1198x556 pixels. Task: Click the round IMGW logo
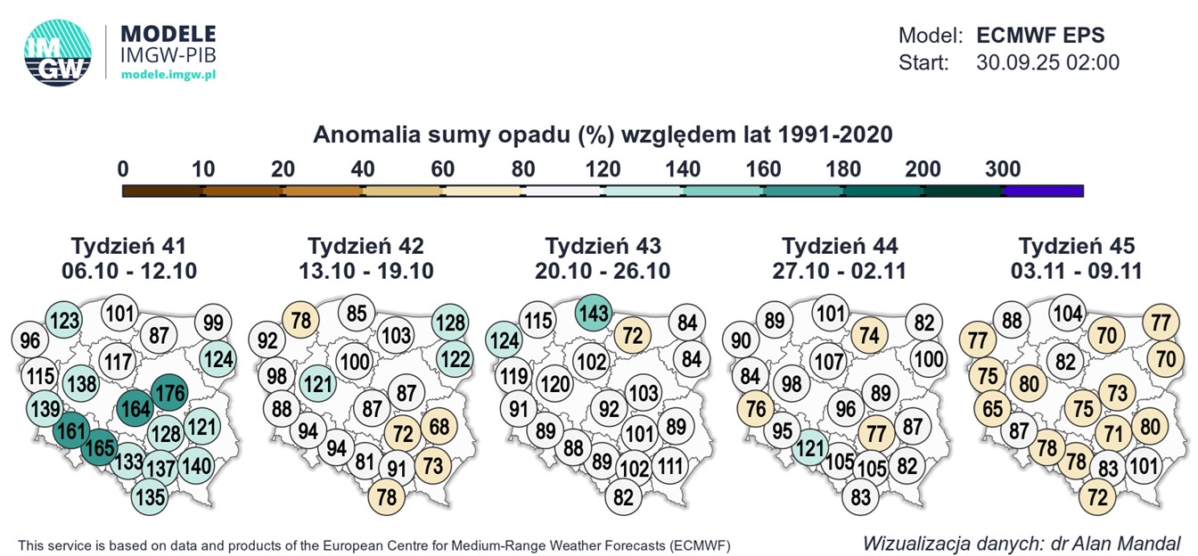coord(59,53)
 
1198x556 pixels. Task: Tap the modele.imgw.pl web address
coord(168,74)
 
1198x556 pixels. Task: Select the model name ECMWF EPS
coord(1040,37)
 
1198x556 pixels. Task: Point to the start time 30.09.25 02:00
coord(1047,63)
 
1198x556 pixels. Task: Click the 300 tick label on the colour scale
coord(1003,169)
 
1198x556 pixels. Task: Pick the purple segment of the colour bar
coord(1042,190)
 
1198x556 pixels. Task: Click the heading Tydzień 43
coord(603,246)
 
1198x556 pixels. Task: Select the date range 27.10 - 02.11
coord(840,271)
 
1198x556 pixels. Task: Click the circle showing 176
coord(168,394)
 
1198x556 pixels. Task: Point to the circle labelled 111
coord(672,465)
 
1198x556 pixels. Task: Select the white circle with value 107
coord(828,363)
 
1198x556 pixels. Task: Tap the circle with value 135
coord(151,496)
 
